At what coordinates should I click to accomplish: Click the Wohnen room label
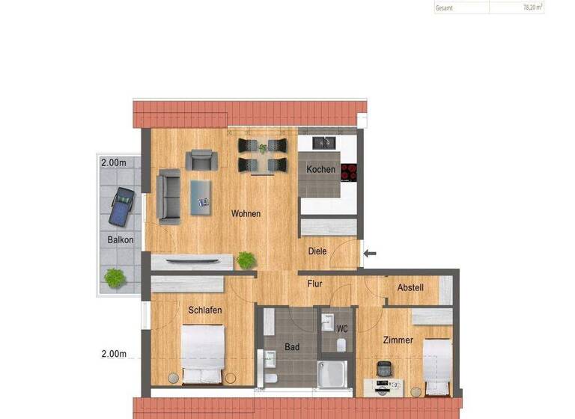(x=246, y=214)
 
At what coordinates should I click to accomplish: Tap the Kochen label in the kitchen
(x=320, y=169)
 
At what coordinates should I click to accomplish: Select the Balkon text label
(x=121, y=240)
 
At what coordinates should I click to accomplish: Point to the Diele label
(x=317, y=251)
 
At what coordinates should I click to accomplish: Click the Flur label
(x=315, y=283)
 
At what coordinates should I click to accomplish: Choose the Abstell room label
(x=410, y=287)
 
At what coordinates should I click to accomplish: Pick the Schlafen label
(x=205, y=311)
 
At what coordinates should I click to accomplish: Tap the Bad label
(x=292, y=347)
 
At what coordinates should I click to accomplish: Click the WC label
(x=342, y=328)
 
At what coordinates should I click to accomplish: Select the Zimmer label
(x=398, y=340)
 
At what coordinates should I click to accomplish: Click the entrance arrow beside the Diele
(x=370, y=254)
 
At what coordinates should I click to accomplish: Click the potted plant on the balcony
(x=114, y=278)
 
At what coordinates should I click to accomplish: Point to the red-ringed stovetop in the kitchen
(x=348, y=172)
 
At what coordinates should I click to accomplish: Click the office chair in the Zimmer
(x=384, y=368)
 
